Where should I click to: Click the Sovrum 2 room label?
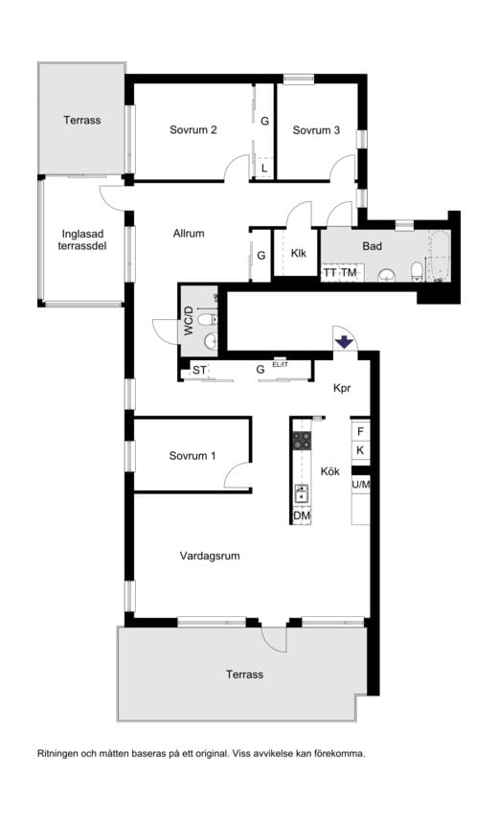(x=192, y=130)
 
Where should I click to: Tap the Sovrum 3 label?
(x=316, y=130)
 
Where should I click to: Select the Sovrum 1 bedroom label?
(x=192, y=456)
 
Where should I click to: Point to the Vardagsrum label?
(x=210, y=556)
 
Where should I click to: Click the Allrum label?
(x=189, y=234)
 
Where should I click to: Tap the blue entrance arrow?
(x=344, y=342)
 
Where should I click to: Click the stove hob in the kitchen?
(x=302, y=441)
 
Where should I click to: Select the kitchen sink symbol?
(x=302, y=493)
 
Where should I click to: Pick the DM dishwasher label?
(x=302, y=516)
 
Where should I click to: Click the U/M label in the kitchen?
(x=361, y=485)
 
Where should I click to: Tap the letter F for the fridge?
(x=360, y=432)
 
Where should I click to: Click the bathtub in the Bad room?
(x=439, y=256)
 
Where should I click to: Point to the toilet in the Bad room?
(x=417, y=271)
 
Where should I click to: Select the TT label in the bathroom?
(x=329, y=273)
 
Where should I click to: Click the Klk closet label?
(x=299, y=254)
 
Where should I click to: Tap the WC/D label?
(x=189, y=321)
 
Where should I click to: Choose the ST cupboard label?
(x=199, y=370)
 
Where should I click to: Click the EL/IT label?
(x=281, y=364)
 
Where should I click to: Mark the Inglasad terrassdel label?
(x=82, y=239)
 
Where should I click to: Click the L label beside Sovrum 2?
(x=264, y=169)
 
